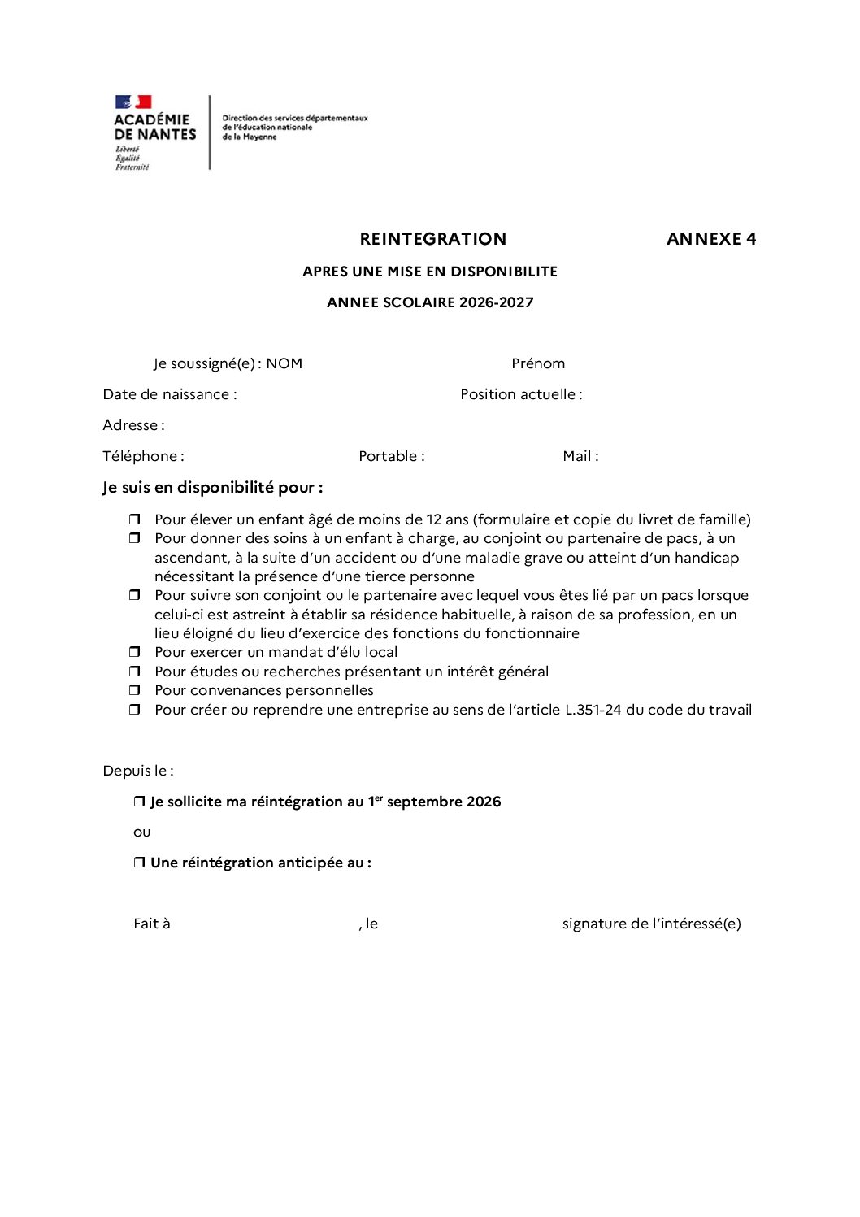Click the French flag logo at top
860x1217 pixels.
pos(133,102)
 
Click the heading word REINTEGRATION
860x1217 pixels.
pos(432,239)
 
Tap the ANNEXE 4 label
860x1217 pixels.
pos(711,239)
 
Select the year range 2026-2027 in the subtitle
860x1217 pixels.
pos(496,302)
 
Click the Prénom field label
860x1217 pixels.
pos(538,363)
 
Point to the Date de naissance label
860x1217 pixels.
pos(170,394)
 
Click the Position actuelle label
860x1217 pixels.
pos(521,394)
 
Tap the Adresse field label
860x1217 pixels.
pos(133,425)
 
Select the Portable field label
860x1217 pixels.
pos(391,456)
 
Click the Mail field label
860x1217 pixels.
pos(580,456)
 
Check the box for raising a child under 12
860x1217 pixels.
pos(135,519)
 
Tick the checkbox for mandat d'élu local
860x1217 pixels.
pos(135,652)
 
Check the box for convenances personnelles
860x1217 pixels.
pos(135,690)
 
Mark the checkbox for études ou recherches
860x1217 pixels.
pos(135,672)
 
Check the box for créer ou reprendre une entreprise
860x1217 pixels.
pos(135,710)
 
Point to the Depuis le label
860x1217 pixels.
pos(138,771)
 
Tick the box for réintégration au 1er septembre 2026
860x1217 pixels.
pos(139,802)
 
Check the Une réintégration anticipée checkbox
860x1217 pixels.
pos(139,863)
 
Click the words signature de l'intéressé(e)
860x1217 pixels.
pos(651,924)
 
